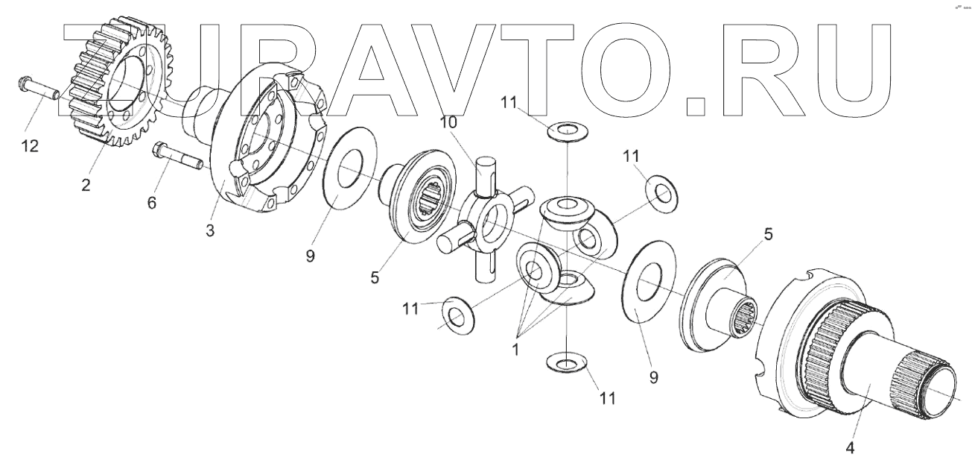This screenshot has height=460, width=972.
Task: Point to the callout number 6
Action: pos(152,202)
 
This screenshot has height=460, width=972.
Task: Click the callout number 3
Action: pos(211,230)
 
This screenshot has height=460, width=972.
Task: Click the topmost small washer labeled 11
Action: pos(568,133)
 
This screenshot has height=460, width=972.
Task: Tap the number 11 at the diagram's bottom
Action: pos(608,398)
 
